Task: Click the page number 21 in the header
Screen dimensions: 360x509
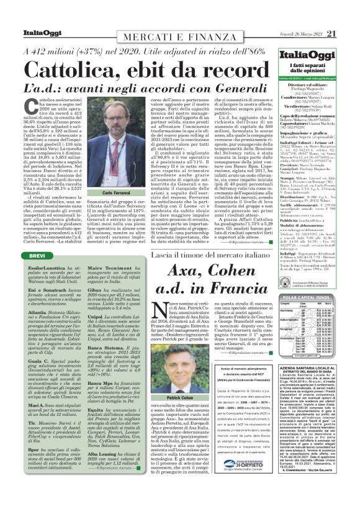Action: [348, 16]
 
